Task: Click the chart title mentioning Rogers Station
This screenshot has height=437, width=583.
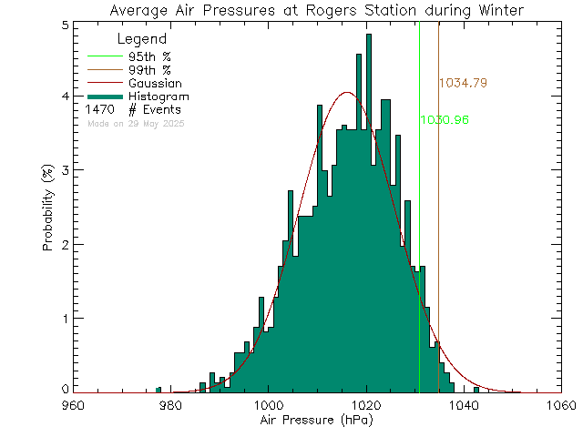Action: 316,11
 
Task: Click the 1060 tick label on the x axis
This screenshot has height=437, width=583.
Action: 559,405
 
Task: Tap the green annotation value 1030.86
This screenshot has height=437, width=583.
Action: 445,120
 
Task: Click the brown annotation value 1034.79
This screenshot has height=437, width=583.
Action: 463,83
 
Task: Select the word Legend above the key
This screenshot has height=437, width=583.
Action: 142,39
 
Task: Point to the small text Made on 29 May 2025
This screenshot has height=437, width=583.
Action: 136,123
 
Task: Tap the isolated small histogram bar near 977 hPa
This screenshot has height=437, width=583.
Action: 158,390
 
